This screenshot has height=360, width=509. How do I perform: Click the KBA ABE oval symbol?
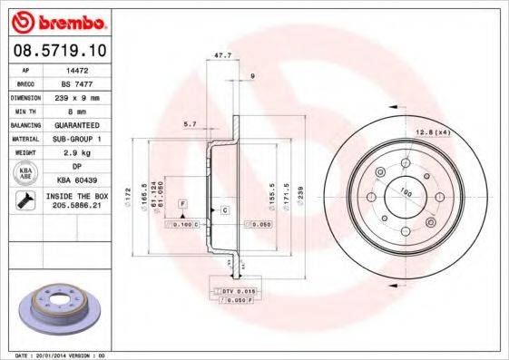(x=26, y=173)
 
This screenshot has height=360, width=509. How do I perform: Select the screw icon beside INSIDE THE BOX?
(x=26, y=200)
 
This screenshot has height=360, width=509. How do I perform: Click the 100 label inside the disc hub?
(x=403, y=190)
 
